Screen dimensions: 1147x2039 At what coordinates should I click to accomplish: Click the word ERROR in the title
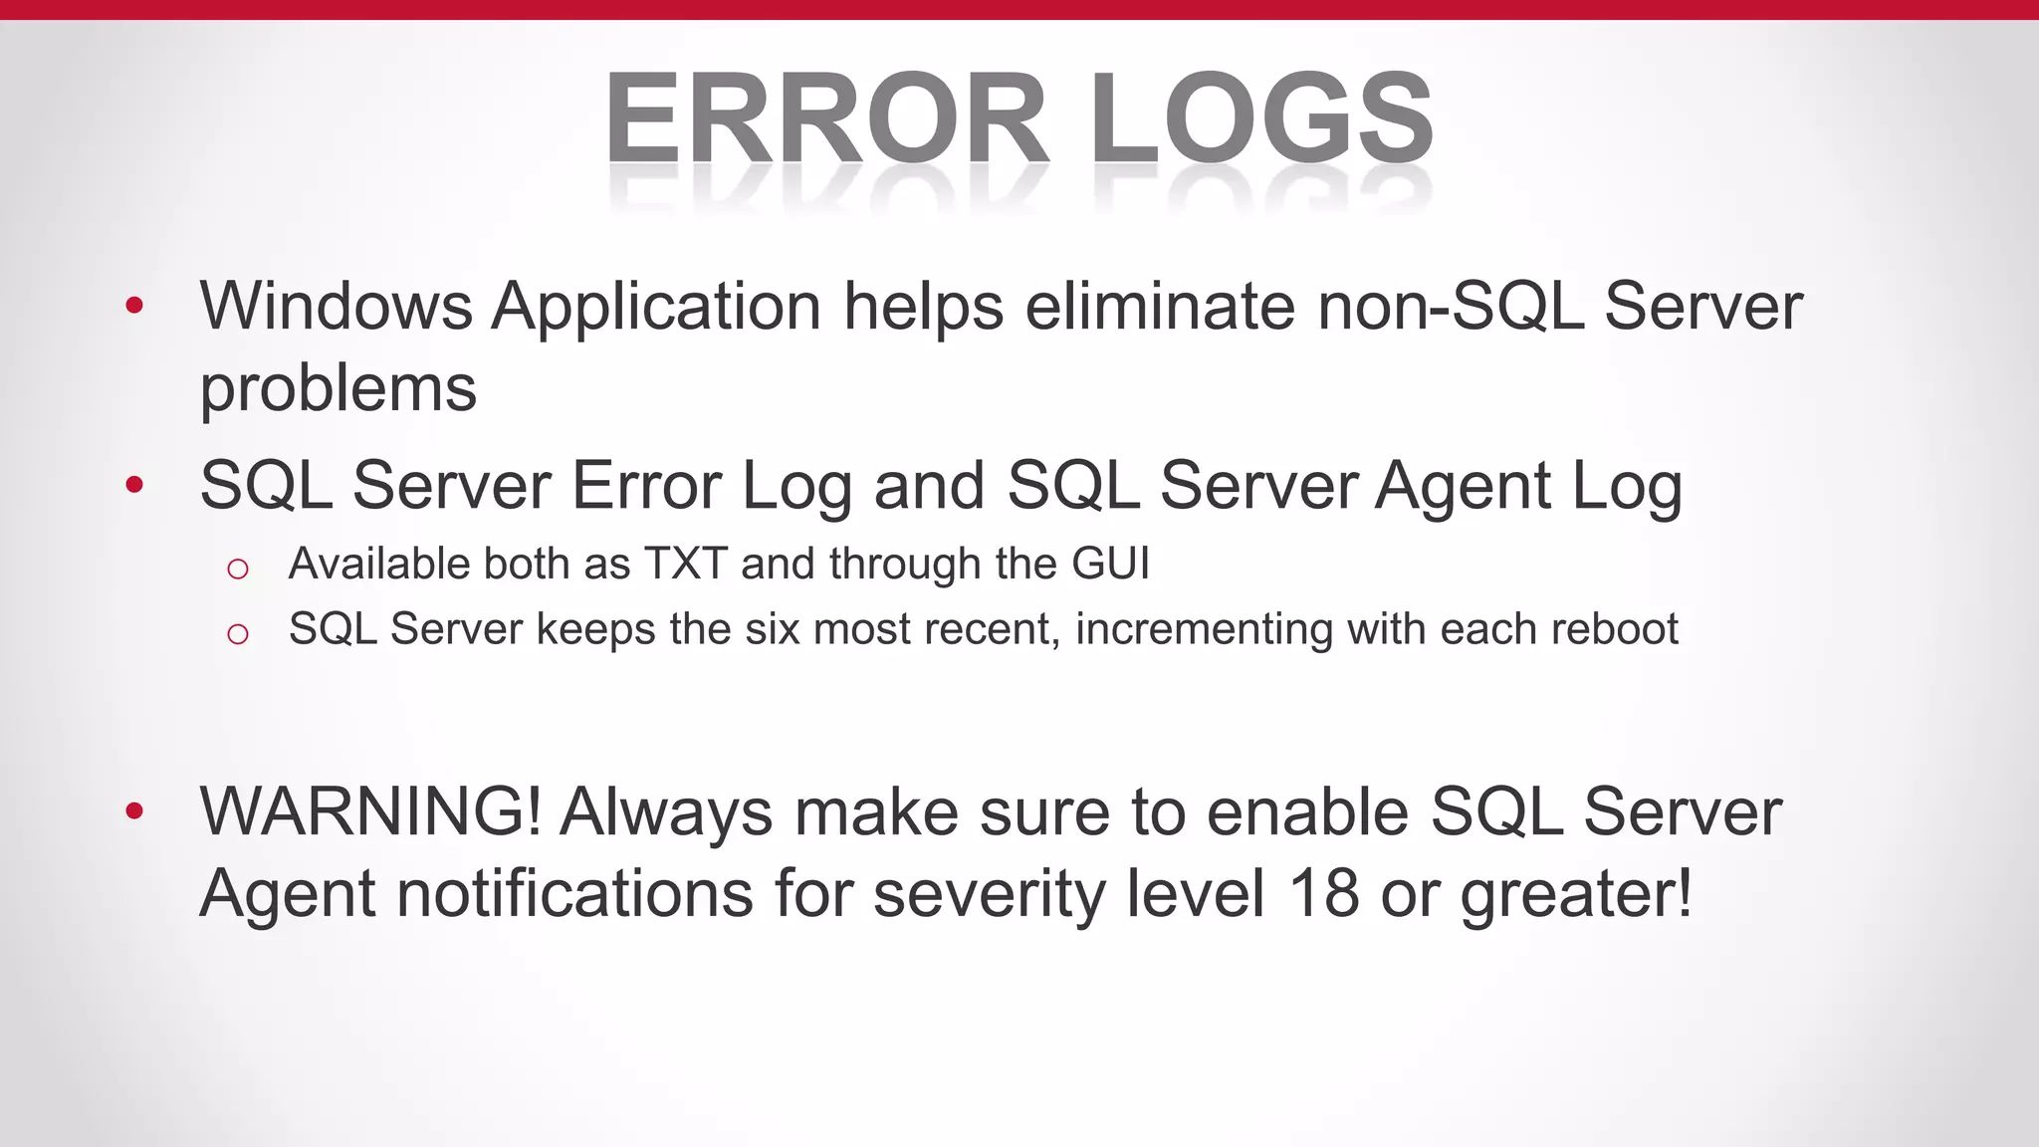pyautogui.click(x=826, y=119)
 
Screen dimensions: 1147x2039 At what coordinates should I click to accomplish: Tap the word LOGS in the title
pyautogui.click(x=1262, y=119)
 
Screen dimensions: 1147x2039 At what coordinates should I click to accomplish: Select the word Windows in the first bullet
pyautogui.click(x=336, y=306)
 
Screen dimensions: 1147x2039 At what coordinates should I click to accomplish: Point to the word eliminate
pyautogui.click(x=1160, y=306)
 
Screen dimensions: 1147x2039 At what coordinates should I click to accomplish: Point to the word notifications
pyautogui.click(x=574, y=893)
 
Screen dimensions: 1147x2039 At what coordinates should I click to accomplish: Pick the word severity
pyautogui.click(x=989, y=895)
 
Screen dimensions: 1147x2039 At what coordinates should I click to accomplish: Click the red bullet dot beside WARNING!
pyautogui.click(x=134, y=811)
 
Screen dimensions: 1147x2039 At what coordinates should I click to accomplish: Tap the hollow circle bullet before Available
pyautogui.click(x=237, y=570)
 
